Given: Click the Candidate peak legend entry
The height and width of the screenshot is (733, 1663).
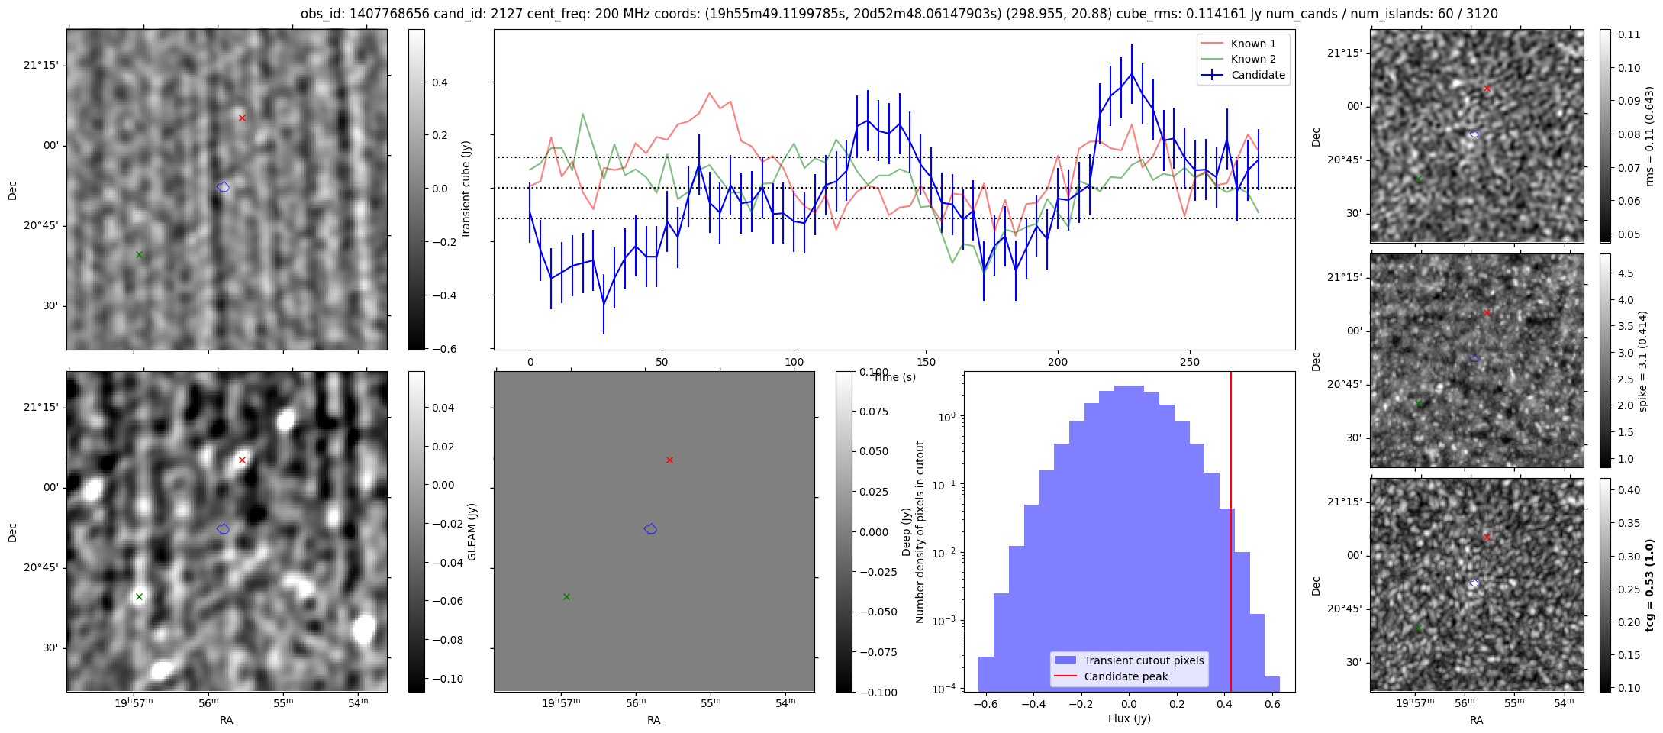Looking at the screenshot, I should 1126,676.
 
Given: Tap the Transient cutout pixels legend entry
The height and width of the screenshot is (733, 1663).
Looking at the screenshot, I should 1144,660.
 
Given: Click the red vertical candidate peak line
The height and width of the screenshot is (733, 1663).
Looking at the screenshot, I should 1231,534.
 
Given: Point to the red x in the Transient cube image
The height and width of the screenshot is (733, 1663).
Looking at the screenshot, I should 242,118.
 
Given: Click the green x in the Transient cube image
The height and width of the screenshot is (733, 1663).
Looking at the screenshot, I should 139,254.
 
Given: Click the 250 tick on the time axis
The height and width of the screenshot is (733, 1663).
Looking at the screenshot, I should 1190,362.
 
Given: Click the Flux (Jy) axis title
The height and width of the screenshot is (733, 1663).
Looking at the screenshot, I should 1129,718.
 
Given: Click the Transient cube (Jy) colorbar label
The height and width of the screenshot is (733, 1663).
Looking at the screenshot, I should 466,189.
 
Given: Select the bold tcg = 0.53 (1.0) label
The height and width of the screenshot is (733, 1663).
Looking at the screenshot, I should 1649,585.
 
